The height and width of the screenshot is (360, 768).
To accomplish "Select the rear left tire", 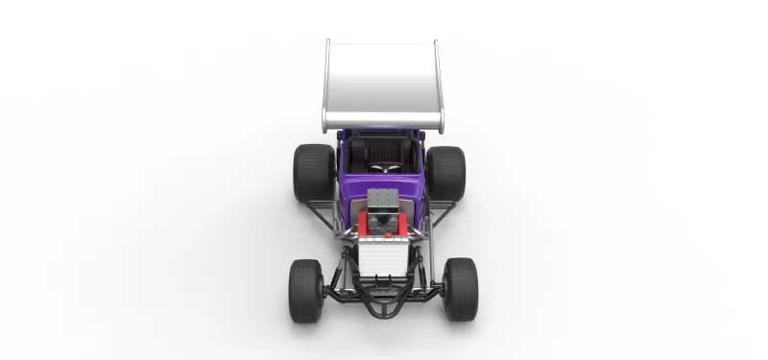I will (x=313, y=173).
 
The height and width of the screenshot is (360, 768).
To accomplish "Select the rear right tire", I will (x=446, y=173).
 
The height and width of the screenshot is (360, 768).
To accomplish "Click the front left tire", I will (x=306, y=290).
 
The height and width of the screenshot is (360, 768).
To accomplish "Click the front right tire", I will (x=460, y=289).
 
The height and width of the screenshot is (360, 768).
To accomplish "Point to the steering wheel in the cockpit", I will (x=385, y=169).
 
